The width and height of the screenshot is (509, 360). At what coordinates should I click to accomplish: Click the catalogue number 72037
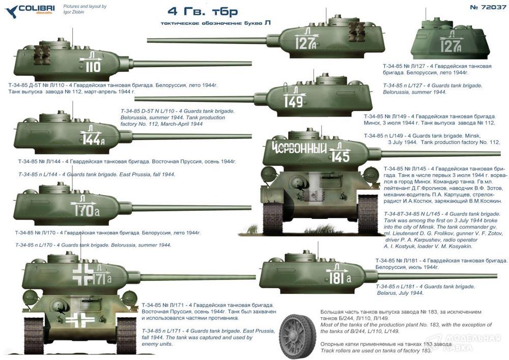(x=488, y=8)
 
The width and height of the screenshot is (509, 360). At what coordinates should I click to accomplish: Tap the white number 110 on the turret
(x=94, y=67)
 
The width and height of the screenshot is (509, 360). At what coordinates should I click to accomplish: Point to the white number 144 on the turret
(x=91, y=140)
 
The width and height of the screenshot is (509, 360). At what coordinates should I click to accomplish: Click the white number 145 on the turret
(x=341, y=157)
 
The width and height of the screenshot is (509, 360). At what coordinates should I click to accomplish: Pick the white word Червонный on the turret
(x=299, y=149)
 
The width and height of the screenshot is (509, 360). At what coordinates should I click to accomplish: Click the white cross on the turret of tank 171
(x=82, y=274)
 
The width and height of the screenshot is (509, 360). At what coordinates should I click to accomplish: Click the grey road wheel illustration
(x=297, y=334)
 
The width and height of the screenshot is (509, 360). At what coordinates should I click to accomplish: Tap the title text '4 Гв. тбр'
(x=203, y=12)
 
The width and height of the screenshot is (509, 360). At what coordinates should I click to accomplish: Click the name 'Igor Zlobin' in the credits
(x=73, y=12)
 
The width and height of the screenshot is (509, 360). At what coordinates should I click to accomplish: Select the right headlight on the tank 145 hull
(x=371, y=174)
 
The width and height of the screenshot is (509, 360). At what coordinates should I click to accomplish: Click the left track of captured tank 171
(x=34, y=336)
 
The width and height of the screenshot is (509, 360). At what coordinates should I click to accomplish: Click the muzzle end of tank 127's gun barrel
(x=148, y=40)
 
